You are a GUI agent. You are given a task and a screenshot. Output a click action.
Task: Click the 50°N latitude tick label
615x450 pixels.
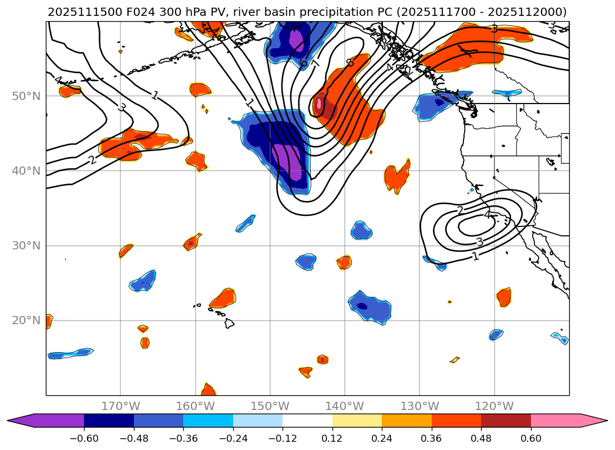click(26, 96)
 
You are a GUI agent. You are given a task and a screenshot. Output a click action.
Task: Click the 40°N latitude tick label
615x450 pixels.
click(26, 171)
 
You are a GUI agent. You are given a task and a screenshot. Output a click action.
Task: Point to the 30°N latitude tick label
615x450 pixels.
click(26, 245)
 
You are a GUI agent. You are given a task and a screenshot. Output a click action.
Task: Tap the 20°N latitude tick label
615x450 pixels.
click(26, 321)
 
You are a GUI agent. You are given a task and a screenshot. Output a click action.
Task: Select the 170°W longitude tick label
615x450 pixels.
click(120, 406)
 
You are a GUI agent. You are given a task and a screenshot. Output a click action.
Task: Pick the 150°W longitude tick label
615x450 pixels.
click(270, 406)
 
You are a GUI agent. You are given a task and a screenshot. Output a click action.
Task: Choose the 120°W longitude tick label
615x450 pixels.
click(494, 406)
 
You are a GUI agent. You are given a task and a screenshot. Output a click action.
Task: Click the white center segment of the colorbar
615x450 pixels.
click(307, 421)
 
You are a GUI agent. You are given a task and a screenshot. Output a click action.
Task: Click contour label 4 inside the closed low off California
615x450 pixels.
click(487, 215)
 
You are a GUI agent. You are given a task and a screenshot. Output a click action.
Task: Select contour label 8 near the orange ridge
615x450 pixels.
click(350, 62)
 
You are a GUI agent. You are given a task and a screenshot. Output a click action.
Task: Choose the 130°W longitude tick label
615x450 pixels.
click(419, 406)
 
